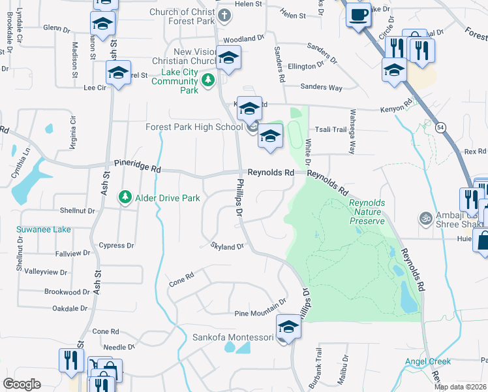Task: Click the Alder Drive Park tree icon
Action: (124, 197)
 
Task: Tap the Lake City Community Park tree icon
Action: (207, 80)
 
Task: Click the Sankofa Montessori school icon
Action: (288, 327)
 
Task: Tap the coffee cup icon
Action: (358, 15)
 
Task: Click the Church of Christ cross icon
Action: (224, 16)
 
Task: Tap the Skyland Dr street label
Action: (226, 246)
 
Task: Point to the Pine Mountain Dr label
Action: (260, 302)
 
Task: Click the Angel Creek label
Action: (427, 361)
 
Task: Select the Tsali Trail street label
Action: (331, 129)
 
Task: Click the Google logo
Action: (22, 384)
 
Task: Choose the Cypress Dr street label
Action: (116, 246)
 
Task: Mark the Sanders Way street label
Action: (321, 87)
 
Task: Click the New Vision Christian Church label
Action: (194, 57)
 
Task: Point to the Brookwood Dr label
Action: (67, 292)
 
